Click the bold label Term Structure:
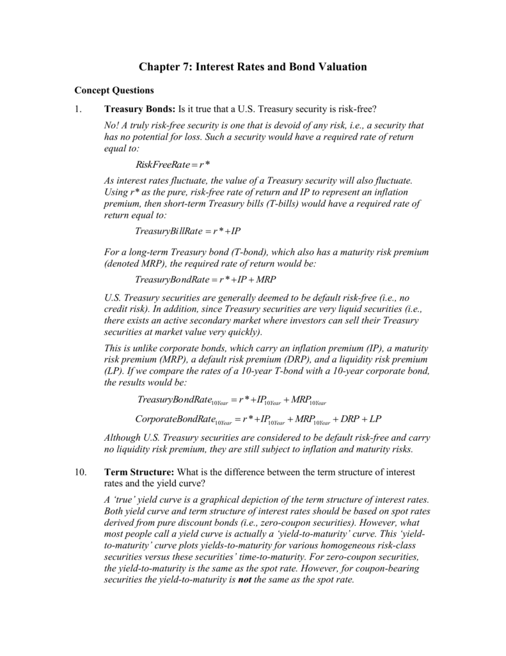click(139, 472)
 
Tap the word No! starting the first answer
click(111, 126)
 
